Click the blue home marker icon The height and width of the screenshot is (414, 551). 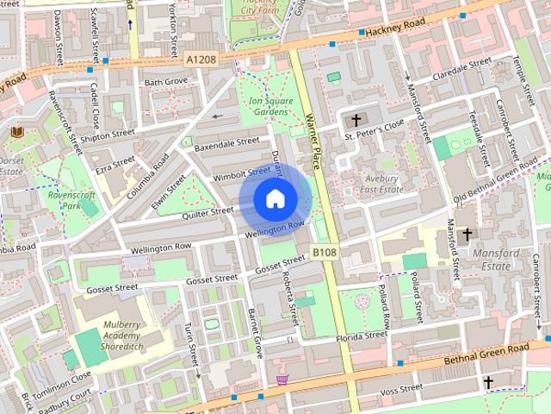[x=274, y=198]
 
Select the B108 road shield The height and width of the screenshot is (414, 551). [x=324, y=252]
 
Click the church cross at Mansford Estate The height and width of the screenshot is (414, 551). [x=467, y=234]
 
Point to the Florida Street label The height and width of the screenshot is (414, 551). [x=362, y=336]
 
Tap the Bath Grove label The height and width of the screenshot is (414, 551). [x=165, y=82]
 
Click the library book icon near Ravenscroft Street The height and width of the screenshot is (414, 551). [x=17, y=132]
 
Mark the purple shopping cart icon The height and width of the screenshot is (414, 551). [x=281, y=379]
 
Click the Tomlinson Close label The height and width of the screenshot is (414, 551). [x=62, y=377]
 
